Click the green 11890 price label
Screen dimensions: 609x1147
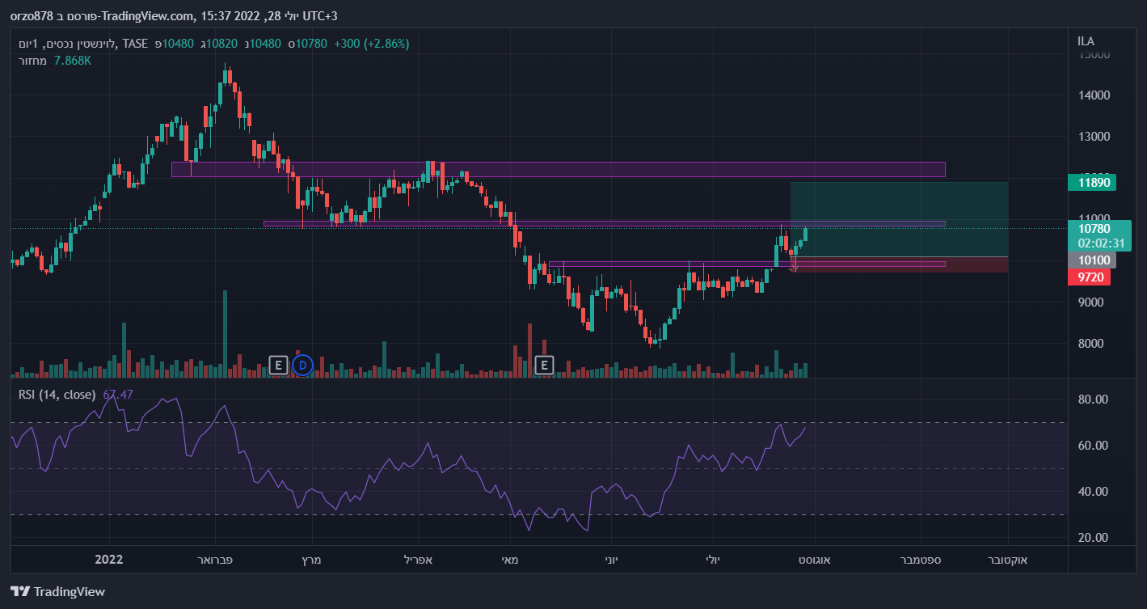(1091, 182)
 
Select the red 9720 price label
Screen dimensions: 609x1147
(1089, 277)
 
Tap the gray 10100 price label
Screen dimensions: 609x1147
(1091, 260)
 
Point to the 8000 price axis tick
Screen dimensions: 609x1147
(1090, 344)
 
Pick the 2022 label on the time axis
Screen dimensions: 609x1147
(108, 559)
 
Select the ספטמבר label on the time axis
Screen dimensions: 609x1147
(921, 559)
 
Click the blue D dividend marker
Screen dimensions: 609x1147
(302, 365)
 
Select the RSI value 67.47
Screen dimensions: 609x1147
(118, 395)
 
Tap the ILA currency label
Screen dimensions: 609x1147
(1086, 41)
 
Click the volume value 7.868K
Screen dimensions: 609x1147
(73, 61)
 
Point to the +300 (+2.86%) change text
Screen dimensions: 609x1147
(372, 44)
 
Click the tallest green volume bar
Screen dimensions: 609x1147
(225, 333)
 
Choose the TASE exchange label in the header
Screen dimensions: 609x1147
(135, 44)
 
